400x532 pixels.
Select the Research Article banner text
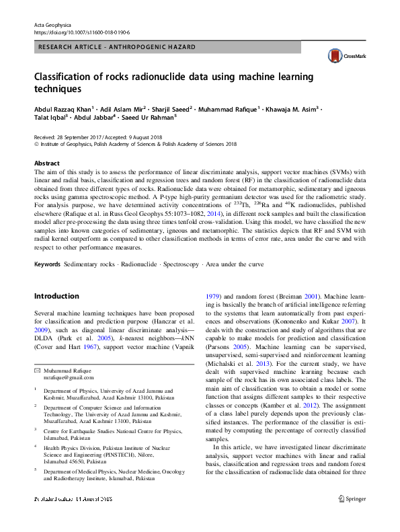118,47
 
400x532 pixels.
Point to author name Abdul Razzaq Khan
63,107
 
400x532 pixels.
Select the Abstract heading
46,163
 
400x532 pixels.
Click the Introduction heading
56,315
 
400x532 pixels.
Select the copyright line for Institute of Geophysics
135,143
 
